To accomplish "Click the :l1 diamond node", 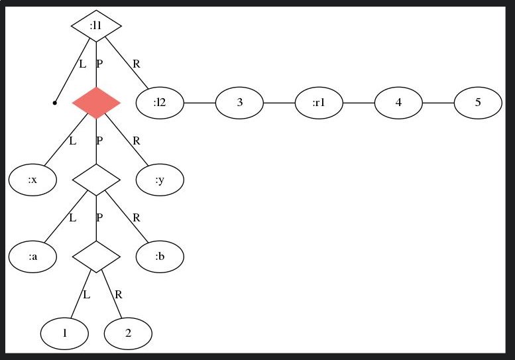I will tap(96, 26).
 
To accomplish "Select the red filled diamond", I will tap(96, 103).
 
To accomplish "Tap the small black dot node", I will tap(54, 103).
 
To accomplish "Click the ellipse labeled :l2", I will tap(160, 103).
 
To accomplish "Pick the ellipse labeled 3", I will tap(239, 103).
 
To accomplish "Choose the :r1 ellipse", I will tap(319, 103).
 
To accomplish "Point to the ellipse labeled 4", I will tap(398, 103).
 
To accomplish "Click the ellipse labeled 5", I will tap(478, 103).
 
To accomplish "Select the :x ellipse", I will tap(32, 180).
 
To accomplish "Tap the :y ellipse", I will tap(160, 180).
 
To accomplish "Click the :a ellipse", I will tap(32, 257).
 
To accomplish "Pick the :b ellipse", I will tap(160, 257).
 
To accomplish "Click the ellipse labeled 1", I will tap(64, 333).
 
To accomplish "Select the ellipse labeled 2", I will tap(128, 333).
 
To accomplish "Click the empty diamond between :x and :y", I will tap(96, 180).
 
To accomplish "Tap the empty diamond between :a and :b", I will tap(96, 257).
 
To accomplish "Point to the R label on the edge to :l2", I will tap(137, 64).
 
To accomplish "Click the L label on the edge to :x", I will tap(73, 141).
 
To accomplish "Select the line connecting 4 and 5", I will tap(438, 103).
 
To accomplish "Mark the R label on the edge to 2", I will tap(119, 295).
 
